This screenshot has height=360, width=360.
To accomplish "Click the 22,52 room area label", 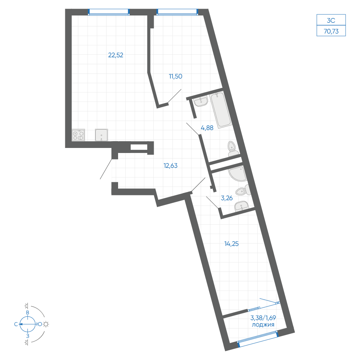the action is pyautogui.click(x=116, y=55).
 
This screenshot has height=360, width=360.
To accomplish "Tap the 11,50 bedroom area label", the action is pyautogui.click(x=176, y=76).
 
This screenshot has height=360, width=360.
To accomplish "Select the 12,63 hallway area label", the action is pyautogui.click(x=170, y=166).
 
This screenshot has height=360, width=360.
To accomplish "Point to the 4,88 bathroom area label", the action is pyautogui.click(x=207, y=128).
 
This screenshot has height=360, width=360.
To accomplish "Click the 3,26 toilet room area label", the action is pyautogui.click(x=226, y=198).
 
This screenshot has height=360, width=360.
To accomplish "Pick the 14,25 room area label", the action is pyautogui.click(x=231, y=244).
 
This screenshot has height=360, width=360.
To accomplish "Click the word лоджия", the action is pyautogui.click(x=263, y=325).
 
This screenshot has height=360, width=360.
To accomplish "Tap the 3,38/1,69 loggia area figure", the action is pyautogui.click(x=263, y=318).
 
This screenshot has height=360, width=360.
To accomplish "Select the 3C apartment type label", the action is pyautogui.click(x=331, y=21).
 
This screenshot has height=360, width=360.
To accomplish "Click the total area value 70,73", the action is pyautogui.click(x=331, y=31).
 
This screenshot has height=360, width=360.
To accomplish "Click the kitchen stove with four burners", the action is pyautogui.click(x=78, y=135).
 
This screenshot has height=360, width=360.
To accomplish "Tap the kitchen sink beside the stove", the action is pyautogui.click(x=102, y=135).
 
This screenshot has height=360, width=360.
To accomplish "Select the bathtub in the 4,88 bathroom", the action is pyautogui.click(x=221, y=110).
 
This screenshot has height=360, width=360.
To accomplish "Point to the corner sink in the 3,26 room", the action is pyautogui.click(x=238, y=174).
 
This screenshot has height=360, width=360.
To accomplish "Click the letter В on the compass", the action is pyautogui.click(x=28, y=312).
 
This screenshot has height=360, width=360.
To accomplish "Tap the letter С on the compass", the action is pyautogui.click(x=16, y=324).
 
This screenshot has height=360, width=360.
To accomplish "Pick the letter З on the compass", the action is pyautogui.click(x=28, y=336).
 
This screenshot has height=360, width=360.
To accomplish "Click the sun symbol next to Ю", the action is pyautogui.click(x=46, y=324).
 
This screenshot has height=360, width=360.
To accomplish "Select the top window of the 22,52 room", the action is pyautogui.click(x=109, y=12).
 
